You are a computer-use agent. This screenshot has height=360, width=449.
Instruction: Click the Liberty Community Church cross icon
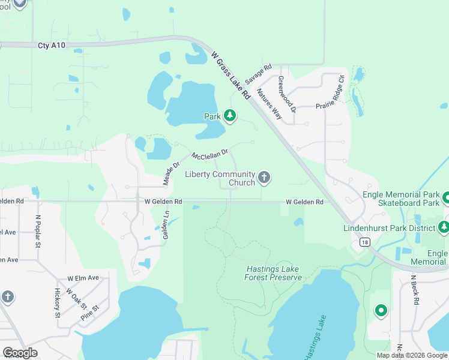click(x=264, y=177)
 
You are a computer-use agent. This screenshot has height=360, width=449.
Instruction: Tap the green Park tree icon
click(x=229, y=115)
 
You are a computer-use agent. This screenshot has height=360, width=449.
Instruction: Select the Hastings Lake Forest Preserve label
click(x=273, y=273)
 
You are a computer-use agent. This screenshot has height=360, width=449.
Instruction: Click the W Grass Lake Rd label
click(x=230, y=75)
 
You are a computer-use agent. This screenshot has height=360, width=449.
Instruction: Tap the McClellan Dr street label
click(x=210, y=154)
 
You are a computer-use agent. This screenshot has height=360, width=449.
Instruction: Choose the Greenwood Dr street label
click(x=286, y=94)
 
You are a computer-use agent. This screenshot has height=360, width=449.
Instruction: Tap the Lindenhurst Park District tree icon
click(x=444, y=227)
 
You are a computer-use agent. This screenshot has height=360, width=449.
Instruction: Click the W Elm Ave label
click(x=83, y=278)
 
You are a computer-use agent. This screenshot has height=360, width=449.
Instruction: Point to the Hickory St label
click(x=58, y=302)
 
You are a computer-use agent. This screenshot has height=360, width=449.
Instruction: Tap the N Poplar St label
click(x=38, y=232)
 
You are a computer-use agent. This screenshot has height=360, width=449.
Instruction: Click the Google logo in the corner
click(x=20, y=353)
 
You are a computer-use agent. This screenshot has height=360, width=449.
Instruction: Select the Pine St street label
click(x=89, y=315)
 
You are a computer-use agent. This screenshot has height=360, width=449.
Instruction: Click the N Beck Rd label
click(x=414, y=290)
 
